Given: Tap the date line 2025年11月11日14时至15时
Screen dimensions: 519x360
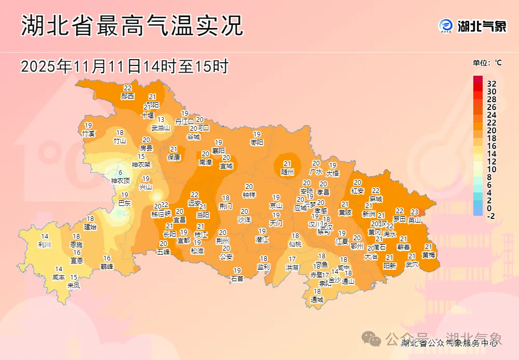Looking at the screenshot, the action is tap(125, 66).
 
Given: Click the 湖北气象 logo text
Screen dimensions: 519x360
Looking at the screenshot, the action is tap(481, 26).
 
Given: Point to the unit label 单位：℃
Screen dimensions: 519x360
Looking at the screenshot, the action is tap(487, 63).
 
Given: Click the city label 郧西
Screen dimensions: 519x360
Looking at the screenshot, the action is tap(128, 96).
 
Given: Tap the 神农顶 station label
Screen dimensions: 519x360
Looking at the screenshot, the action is tap(120, 181).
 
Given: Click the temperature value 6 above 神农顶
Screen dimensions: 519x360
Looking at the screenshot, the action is tap(120, 173).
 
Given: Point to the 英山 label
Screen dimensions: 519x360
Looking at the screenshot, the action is tap(415, 219).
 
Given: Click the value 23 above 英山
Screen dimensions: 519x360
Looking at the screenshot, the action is tap(415, 212).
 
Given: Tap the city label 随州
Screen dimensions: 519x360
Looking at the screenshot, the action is tap(288, 171).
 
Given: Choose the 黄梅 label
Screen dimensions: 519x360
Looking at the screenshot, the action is tap(429, 255).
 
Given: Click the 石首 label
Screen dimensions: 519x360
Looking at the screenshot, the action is tap(237, 279).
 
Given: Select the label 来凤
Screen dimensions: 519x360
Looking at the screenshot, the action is tap(74, 285).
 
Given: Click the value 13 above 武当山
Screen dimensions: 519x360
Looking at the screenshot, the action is tap(161, 120).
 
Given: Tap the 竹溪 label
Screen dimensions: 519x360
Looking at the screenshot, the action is tap(88, 133).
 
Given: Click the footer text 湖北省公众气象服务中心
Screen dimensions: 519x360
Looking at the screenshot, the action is tap(450, 342).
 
